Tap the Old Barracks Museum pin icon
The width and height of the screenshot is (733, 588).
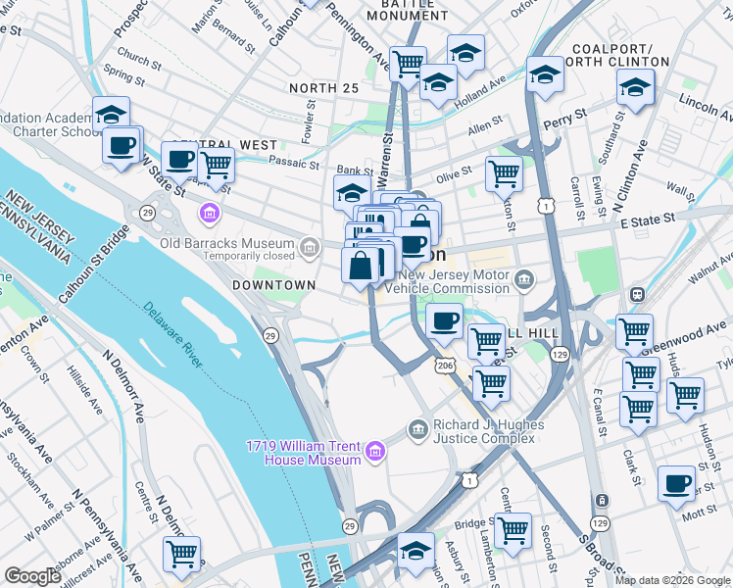pyautogui.click(x=311, y=245)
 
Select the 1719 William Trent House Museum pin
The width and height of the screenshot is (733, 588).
pyautogui.click(x=374, y=452)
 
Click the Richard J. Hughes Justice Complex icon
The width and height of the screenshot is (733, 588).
pyautogui.click(x=418, y=426)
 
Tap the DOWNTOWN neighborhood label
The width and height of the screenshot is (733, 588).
pyautogui.click(x=273, y=285)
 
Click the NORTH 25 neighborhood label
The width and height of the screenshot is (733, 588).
pyautogui.click(x=324, y=89)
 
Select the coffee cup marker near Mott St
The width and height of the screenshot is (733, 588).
pyautogui.click(x=676, y=484)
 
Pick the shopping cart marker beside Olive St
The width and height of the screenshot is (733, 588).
pyautogui.click(x=504, y=174)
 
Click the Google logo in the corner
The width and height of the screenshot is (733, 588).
pyautogui.click(x=32, y=576)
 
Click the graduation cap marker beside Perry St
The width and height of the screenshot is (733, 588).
pyautogui.click(x=544, y=74)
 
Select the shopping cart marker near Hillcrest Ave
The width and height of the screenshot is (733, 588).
pyautogui.click(x=181, y=554)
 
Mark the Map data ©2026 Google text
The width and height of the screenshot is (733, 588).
pyautogui.click(x=671, y=580)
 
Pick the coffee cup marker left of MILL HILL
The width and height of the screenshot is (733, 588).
pyautogui.click(x=444, y=320)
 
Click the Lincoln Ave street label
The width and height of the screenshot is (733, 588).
pyautogui.click(x=700, y=102)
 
